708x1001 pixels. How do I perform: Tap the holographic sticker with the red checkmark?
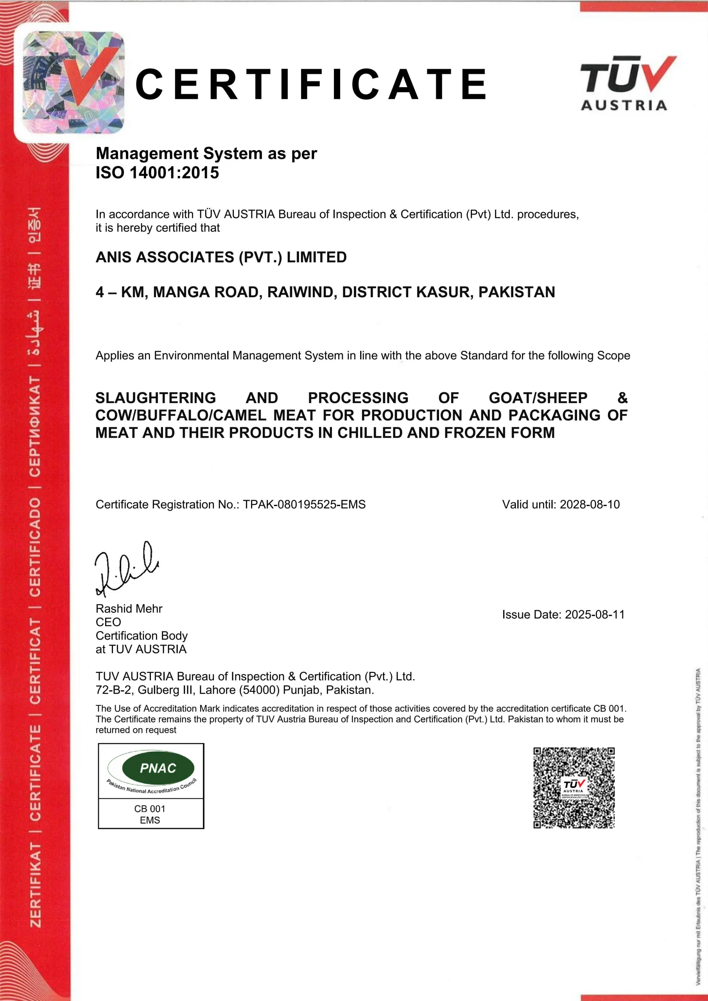pyautogui.click(x=73, y=83)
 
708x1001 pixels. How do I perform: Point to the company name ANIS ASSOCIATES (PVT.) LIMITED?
pyautogui.click(x=221, y=257)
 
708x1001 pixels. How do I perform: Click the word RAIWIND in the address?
pyautogui.click(x=302, y=292)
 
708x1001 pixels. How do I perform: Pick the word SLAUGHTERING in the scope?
pyautogui.click(x=156, y=398)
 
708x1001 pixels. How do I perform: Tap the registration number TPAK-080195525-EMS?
pyautogui.click(x=304, y=504)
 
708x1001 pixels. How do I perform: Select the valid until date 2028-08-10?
pyautogui.click(x=590, y=504)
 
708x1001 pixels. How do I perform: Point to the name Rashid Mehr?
pyautogui.click(x=129, y=609)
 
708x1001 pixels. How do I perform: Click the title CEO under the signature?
pyautogui.click(x=108, y=622)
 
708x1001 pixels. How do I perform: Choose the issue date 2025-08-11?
pyautogui.click(x=595, y=615)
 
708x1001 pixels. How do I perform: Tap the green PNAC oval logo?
pyautogui.click(x=158, y=768)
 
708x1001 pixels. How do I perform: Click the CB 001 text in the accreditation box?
pyautogui.click(x=149, y=809)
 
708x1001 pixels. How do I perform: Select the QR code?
pyautogui.click(x=574, y=788)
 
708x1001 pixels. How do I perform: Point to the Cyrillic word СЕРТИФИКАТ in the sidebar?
pyautogui.click(x=35, y=426)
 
